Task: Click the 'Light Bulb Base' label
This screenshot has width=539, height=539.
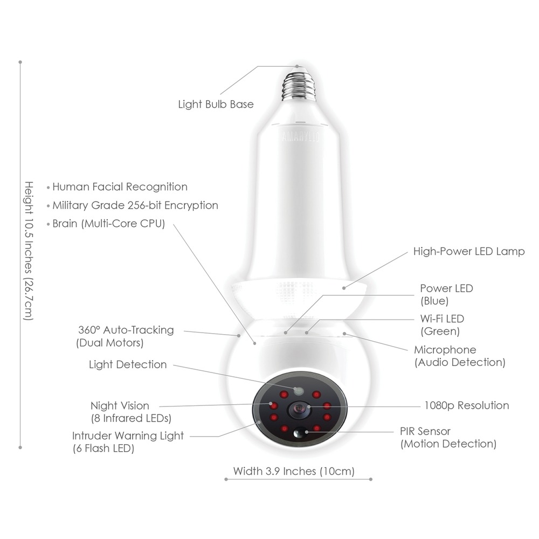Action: click(216, 104)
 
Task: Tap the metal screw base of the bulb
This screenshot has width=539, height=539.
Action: click(298, 84)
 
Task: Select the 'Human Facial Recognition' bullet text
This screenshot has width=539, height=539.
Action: click(120, 187)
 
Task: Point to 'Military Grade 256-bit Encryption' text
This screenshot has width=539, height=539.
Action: click(135, 205)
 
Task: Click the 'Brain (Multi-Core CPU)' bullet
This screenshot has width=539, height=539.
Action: click(108, 223)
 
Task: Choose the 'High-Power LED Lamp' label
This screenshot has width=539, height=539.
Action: click(468, 252)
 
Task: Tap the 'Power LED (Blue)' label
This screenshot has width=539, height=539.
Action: click(446, 294)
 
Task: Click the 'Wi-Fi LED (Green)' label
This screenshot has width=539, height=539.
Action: click(441, 325)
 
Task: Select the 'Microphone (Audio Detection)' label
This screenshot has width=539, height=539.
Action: click(459, 356)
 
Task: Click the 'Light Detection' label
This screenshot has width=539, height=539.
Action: click(128, 364)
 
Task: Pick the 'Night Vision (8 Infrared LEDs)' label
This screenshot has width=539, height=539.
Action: click(130, 411)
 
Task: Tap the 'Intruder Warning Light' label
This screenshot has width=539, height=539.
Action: click(128, 441)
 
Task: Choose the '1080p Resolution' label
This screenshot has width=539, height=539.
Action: click(466, 405)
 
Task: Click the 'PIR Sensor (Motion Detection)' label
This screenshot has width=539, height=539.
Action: click(448, 437)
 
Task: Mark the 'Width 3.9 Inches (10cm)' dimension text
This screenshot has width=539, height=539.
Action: click(294, 471)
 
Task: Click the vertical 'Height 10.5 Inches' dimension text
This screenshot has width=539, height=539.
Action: click(28, 251)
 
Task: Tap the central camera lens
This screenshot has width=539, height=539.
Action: click(297, 410)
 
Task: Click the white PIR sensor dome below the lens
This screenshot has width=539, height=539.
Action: click(299, 432)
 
